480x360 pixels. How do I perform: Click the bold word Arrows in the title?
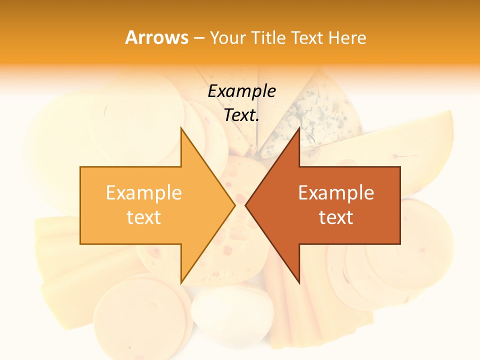[x=156, y=37]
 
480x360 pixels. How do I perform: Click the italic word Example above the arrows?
[x=241, y=91]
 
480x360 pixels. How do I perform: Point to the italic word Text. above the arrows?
[x=241, y=115]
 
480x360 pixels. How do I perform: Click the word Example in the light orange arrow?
[x=144, y=192]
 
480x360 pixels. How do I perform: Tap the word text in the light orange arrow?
[x=144, y=217]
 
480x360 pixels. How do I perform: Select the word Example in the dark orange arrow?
[x=336, y=192]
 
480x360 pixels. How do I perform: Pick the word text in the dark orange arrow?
[x=336, y=217]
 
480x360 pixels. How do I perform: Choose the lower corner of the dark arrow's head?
[x=299, y=282]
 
